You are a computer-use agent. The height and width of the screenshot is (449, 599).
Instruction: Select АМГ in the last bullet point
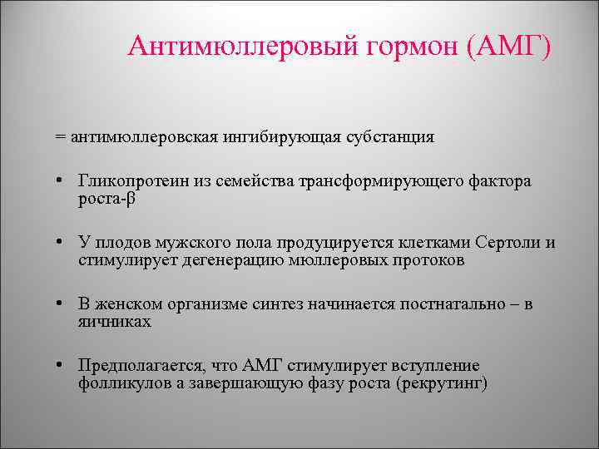coord(264,367)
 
